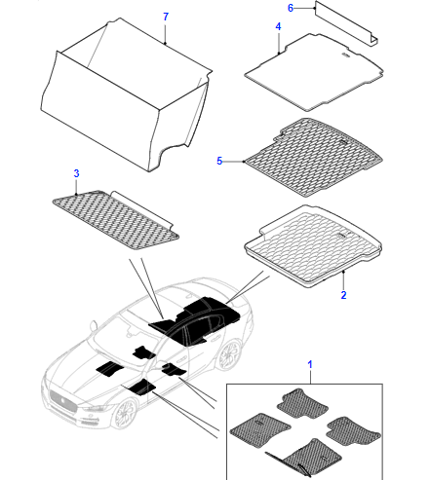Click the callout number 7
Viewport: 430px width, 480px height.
166,17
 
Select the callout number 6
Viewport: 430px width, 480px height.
291,8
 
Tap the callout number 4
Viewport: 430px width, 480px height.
278,26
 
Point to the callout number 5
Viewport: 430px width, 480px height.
219,161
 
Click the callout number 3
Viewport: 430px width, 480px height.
76,173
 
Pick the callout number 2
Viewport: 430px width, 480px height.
343,295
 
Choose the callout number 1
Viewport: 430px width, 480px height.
310,364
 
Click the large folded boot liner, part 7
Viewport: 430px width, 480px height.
127,97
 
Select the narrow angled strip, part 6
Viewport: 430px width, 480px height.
346,23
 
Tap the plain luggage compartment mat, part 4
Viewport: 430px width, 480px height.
314,73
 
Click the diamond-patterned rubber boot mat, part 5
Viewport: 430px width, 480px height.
314,158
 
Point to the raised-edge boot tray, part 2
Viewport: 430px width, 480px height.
313,246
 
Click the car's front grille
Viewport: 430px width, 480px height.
63,401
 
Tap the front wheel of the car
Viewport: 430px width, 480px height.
124,415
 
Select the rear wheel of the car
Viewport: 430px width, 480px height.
230,354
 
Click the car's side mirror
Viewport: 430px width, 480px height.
94,325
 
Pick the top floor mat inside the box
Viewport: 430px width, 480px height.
301,403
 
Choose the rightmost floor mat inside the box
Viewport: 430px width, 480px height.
354,432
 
